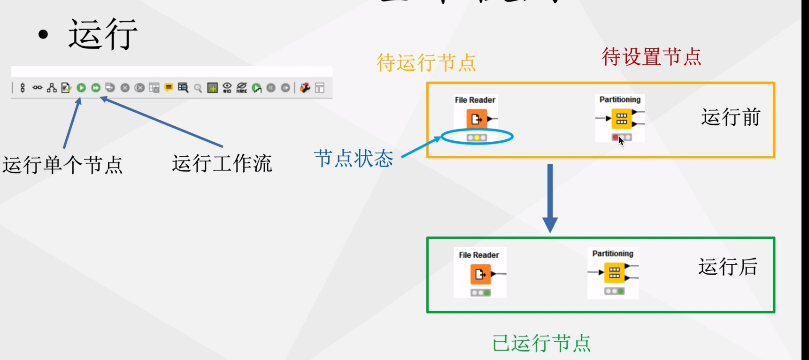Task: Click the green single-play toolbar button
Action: [81, 88]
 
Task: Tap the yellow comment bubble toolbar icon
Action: [169, 88]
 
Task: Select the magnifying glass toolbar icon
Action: [198, 88]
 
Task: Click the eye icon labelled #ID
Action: [227, 88]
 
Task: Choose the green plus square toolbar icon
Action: [213, 88]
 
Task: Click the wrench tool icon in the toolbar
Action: [305, 88]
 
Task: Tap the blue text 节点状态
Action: [354, 159]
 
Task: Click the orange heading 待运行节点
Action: [426, 62]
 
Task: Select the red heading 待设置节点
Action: [651, 57]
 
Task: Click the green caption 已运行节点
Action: [541, 343]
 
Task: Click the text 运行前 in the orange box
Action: [731, 117]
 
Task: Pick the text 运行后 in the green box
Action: [728, 267]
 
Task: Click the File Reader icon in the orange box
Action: [477, 119]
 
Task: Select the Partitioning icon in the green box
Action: [614, 273]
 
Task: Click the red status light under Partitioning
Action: [616, 138]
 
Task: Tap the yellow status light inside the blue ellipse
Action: [477, 138]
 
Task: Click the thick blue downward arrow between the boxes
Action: [550, 197]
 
